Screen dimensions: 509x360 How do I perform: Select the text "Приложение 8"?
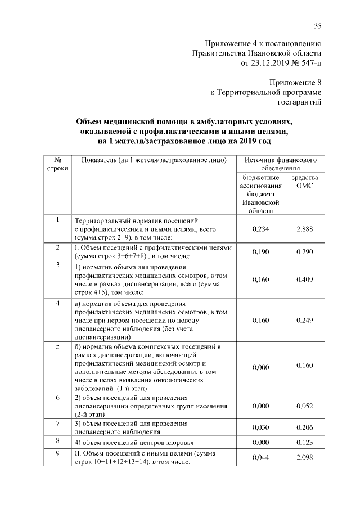pyautogui.click(x=297, y=82)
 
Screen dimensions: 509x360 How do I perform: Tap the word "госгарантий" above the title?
pyautogui.click(x=301, y=102)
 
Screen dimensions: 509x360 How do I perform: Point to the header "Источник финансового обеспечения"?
pyautogui.click(x=280, y=164)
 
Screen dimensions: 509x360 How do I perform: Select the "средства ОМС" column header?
pyautogui.click(x=304, y=182)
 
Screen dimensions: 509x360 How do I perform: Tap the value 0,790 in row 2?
pyautogui.click(x=304, y=251)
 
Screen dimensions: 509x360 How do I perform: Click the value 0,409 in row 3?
pyautogui.click(x=304, y=278)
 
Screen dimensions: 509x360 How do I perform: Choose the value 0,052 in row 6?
pyautogui.click(x=304, y=405)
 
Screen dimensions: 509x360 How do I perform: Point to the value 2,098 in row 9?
pyautogui.click(x=304, y=458)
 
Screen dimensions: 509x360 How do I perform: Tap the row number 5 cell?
pyautogui.click(x=58, y=347)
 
